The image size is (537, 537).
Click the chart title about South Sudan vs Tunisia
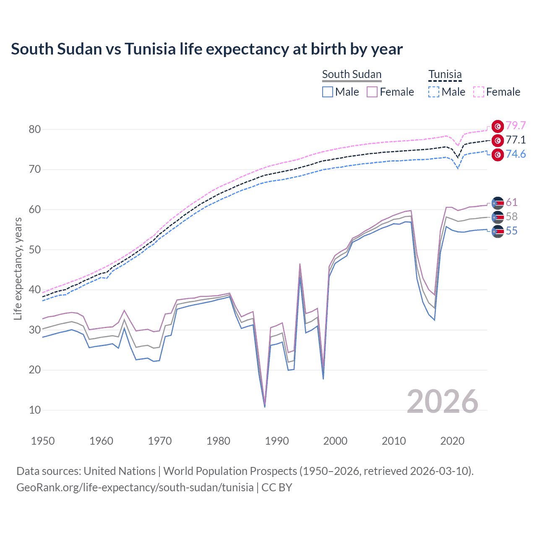207,49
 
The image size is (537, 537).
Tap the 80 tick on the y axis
35,129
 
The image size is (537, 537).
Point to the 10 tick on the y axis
35,410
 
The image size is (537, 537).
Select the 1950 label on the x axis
43,441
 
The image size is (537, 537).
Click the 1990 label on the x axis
277,441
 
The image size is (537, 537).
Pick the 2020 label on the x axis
452,441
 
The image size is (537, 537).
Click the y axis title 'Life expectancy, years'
18,268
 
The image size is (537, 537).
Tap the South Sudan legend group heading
352,74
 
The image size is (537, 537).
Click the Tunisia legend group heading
445,74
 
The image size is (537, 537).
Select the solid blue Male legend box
328,92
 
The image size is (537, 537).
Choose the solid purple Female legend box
372,92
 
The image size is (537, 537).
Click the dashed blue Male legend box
434,92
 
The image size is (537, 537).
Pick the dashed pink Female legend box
479,92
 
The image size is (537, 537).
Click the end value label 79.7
516,125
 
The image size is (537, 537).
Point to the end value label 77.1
516,140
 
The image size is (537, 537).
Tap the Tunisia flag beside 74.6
498,155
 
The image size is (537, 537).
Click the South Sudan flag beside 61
498,203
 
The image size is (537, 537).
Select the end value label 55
511,231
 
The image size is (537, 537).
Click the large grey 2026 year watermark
443,401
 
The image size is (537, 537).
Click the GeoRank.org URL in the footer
135,487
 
